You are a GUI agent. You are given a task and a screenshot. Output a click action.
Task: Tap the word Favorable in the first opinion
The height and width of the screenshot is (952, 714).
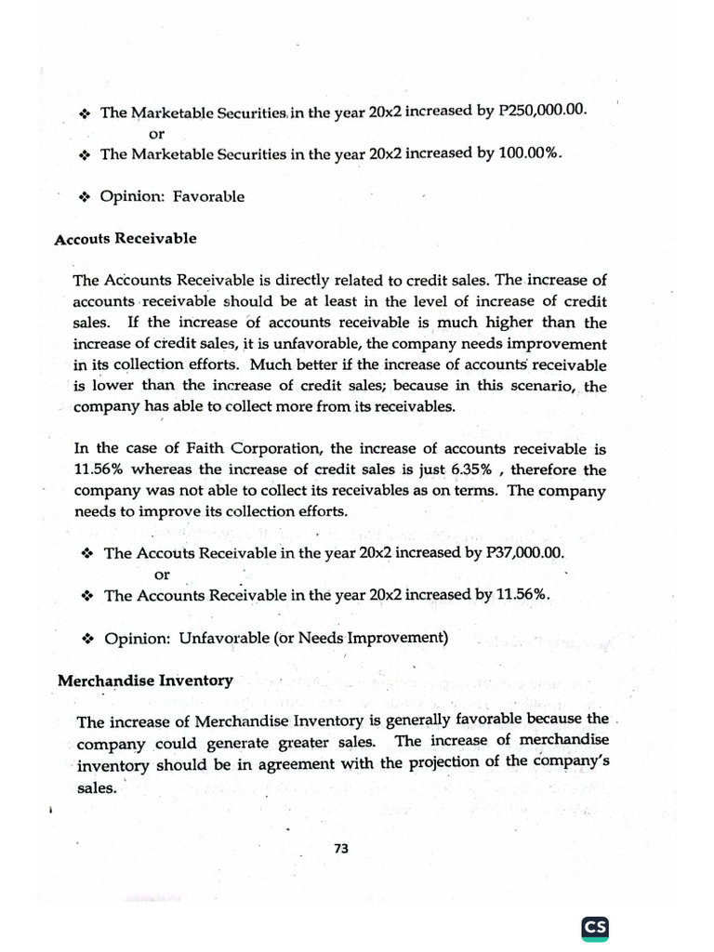coord(213,196)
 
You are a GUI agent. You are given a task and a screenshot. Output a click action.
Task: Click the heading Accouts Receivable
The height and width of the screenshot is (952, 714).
coord(126,239)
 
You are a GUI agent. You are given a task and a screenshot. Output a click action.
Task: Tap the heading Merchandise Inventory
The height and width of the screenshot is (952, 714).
coord(145,681)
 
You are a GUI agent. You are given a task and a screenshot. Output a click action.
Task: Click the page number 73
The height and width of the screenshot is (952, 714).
coord(339,847)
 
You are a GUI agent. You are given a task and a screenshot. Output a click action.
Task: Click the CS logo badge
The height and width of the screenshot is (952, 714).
coord(594,927)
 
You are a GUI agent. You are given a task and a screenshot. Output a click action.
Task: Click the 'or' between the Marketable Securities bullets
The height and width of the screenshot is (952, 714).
coord(156,133)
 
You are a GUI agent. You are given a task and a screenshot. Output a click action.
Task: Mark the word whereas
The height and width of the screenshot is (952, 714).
coord(165,469)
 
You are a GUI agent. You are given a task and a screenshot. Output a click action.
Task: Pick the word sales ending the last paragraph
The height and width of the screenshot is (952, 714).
coord(96,788)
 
